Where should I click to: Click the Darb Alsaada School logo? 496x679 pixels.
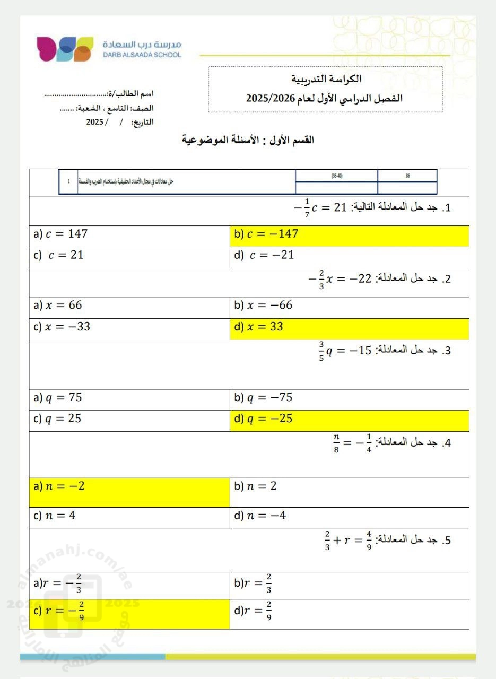click(x=65, y=49)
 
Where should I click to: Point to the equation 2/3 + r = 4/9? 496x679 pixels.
click(x=348, y=541)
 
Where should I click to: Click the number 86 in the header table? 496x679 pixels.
click(x=407, y=176)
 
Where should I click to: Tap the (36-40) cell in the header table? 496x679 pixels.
click(x=336, y=176)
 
